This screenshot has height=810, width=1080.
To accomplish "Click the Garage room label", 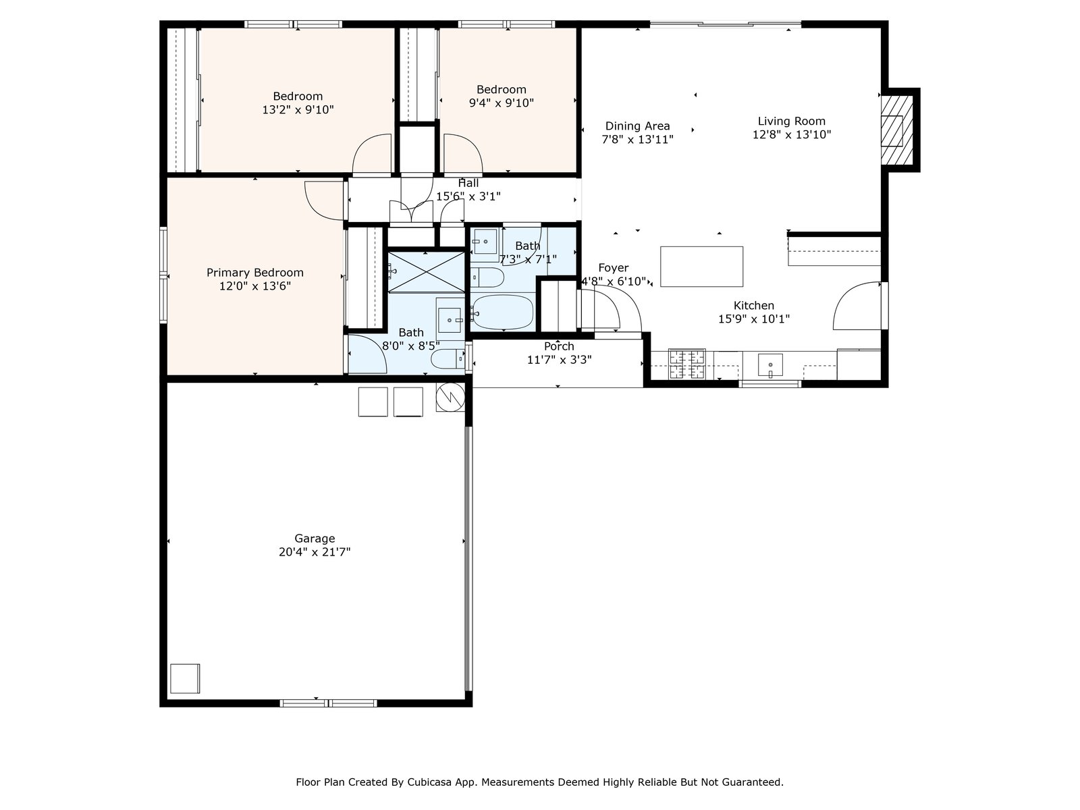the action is click(315, 538).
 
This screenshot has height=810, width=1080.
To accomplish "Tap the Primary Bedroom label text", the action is click(255, 273).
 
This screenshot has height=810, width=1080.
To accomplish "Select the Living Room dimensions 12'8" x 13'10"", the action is click(791, 134).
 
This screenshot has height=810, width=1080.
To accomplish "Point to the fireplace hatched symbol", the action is click(896, 130).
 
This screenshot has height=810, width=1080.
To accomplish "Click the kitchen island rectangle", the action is click(701, 267).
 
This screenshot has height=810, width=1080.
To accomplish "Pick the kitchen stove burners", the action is click(686, 364).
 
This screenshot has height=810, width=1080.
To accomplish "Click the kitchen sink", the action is click(770, 365).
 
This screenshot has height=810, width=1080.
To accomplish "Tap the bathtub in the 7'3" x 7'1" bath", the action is click(502, 313).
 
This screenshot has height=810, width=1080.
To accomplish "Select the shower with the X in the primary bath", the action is click(426, 273).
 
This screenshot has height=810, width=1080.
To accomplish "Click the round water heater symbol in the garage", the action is click(450, 397).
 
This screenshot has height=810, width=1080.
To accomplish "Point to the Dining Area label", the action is click(637, 126).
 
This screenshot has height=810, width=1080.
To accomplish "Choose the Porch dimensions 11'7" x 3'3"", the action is click(559, 360).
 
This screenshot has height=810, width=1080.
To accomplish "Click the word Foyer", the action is click(613, 268).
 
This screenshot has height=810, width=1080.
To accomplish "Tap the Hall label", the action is click(468, 183).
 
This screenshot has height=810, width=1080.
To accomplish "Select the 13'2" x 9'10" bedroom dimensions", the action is click(298, 109).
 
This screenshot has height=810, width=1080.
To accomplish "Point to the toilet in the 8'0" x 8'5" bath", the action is click(448, 359).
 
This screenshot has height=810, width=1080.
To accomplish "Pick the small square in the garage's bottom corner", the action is click(185, 678).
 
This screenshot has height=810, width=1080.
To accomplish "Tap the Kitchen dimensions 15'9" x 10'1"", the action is click(754, 319).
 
